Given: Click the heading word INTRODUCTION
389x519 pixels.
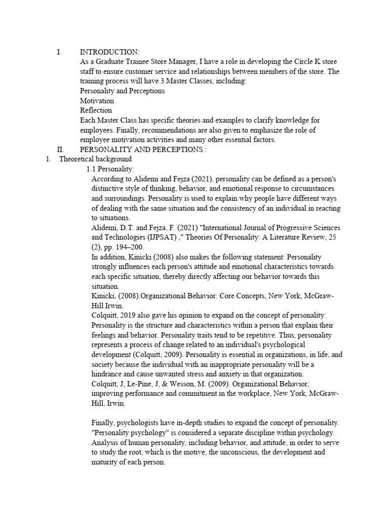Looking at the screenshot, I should (109, 52).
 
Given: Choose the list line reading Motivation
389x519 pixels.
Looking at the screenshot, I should (97, 100).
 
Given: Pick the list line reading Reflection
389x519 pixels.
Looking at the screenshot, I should (96, 110).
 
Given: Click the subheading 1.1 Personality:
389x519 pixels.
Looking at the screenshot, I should (110, 169).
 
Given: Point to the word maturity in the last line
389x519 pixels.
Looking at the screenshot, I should (106, 461).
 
